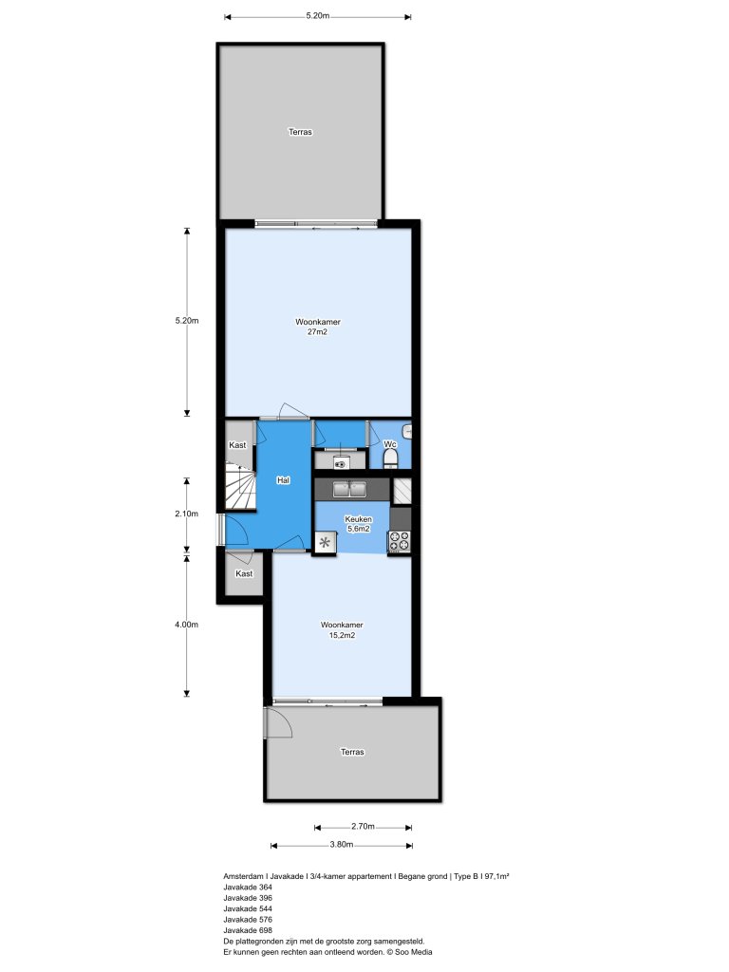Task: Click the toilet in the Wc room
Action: (389, 459)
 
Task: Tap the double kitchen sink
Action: (350, 490)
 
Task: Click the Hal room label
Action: (283, 481)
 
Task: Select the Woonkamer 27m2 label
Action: (318, 327)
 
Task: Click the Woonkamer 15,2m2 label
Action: (342, 630)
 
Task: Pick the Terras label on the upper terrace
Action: (300, 132)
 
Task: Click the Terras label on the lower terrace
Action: (352, 752)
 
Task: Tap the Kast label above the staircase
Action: (238, 445)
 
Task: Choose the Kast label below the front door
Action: (244, 573)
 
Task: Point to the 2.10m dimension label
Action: (186, 514)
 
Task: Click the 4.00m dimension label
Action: (186, 625)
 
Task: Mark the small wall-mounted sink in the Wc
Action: (408, 432)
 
